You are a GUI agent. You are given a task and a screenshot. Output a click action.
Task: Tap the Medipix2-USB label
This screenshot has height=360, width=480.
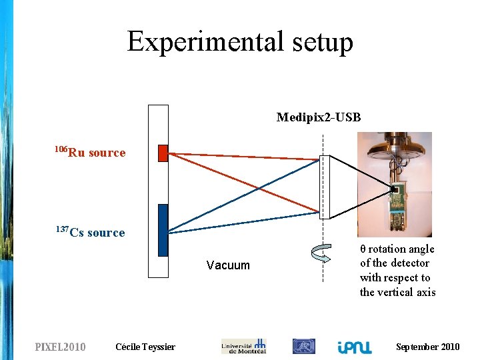tap(319, 117)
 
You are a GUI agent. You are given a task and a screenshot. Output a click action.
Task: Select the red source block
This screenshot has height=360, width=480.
tap(163, 153)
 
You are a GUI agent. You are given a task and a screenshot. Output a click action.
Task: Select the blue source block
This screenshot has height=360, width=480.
tap(163, 230)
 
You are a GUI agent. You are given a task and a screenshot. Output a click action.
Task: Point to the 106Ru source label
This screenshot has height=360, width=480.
tap(91, 152)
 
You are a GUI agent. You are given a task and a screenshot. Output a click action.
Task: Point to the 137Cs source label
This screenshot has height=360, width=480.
tap(91, 232)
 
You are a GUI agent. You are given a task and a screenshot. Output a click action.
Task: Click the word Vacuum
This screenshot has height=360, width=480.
tap(228, 265)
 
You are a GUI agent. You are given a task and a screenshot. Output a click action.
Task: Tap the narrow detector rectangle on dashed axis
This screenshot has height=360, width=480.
tap(325, 187)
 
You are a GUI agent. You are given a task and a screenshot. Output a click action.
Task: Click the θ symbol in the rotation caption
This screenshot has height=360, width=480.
tap(363, 249)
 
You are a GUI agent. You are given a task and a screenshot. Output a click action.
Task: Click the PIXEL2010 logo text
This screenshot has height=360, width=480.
tap(60, 347)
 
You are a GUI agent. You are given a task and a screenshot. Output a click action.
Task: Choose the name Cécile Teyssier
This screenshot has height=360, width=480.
tap(145, 347)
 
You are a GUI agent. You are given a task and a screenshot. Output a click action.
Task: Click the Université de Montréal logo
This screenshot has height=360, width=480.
tap(243, 346)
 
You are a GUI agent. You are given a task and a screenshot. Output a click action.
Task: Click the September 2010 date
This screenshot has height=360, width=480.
tap(427, 347)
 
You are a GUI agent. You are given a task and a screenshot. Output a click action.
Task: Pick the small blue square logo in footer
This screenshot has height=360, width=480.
tap(304, 346)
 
